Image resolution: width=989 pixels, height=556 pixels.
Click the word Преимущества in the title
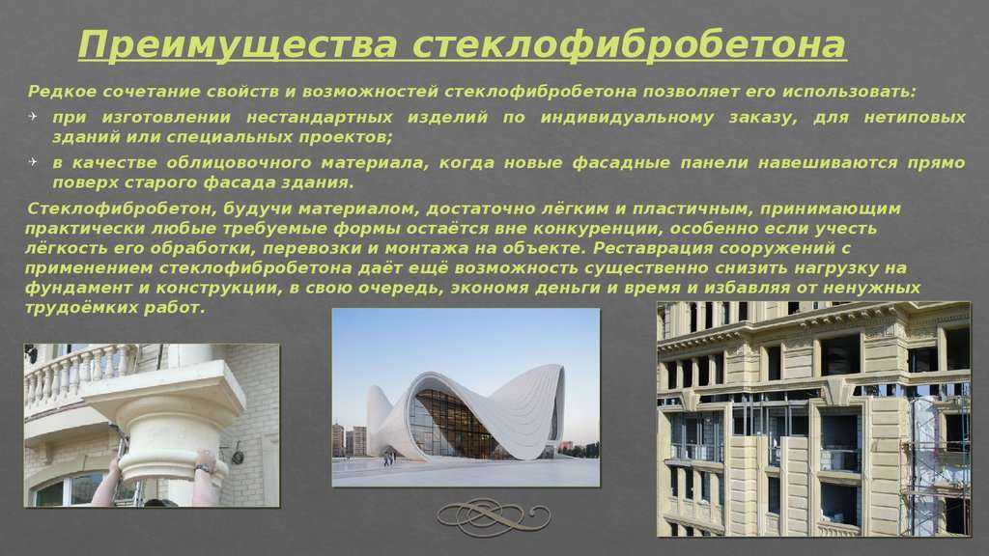[239, 45]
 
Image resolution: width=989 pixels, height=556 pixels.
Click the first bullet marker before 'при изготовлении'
[34, 117]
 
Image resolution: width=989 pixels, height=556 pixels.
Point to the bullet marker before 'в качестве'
[34, 162]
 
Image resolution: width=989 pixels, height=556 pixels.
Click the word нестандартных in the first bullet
[319, 118]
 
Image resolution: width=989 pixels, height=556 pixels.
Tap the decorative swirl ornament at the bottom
[494, 517]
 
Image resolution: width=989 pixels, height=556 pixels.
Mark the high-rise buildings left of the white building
[350, 439]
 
